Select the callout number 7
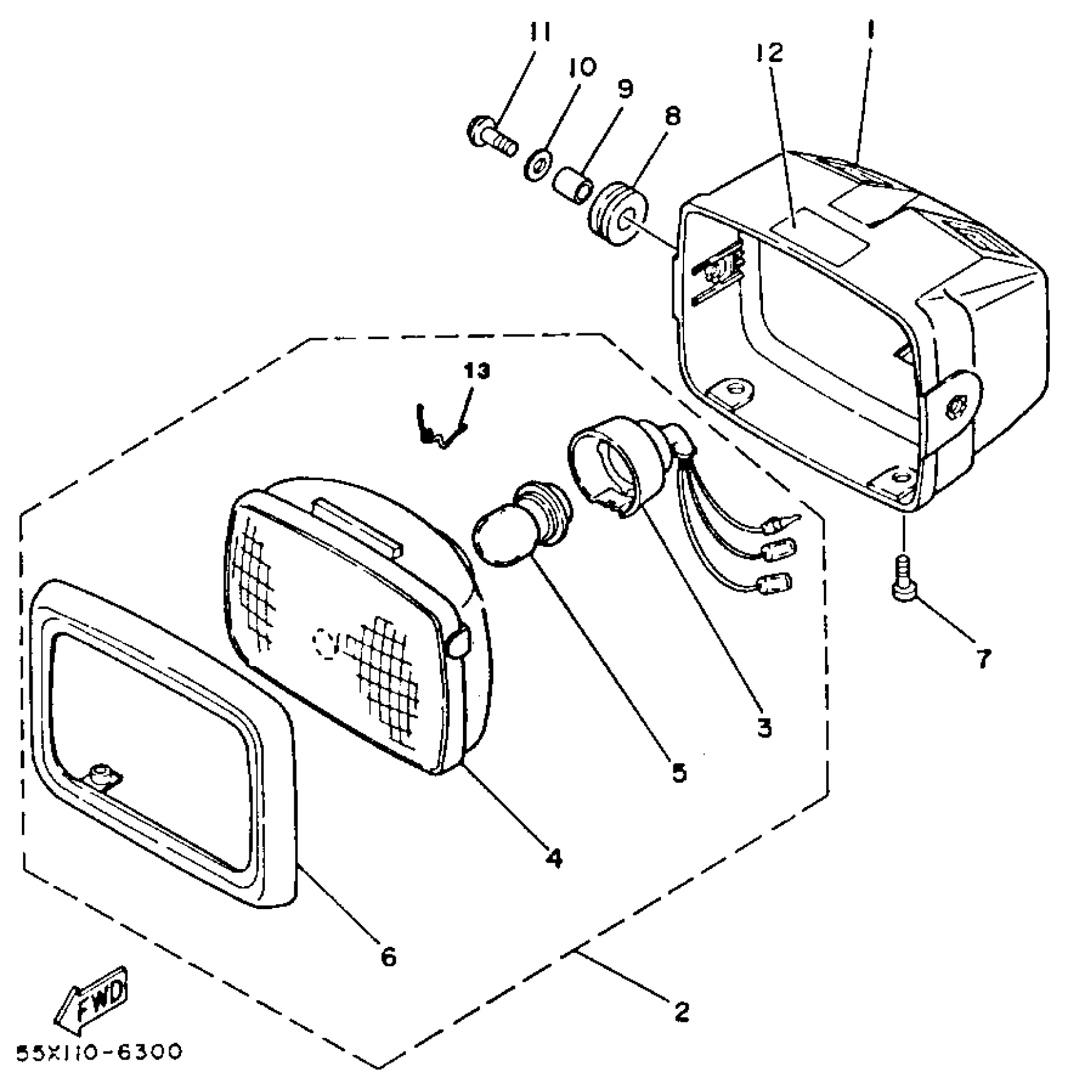coord(984,658)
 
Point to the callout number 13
coord(477,371)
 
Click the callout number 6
coord(388,957)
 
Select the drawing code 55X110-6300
coord(99,1052)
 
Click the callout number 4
coord(553,857)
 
